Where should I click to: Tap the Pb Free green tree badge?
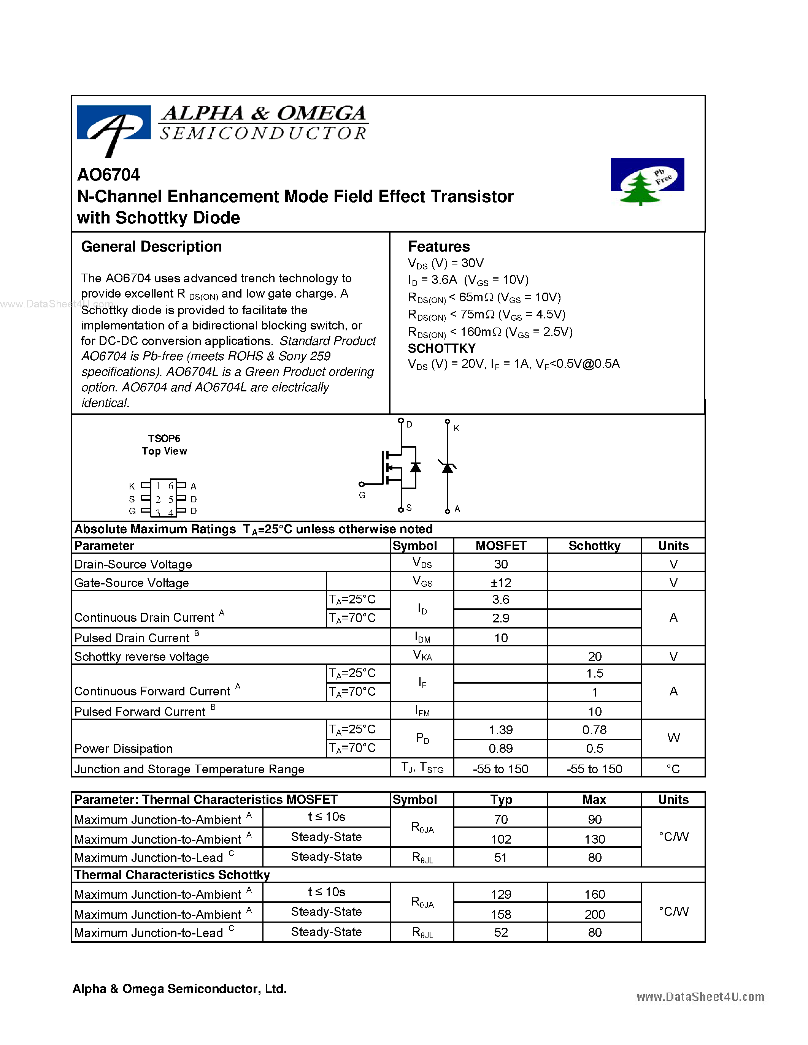tap(647, 181)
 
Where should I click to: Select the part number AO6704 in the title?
tap(109, 175)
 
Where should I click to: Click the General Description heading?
tap(151, 247)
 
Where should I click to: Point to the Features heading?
tap(438, 247)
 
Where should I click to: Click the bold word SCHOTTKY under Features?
tap(441, 348)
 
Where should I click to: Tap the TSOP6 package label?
tap(164, 438)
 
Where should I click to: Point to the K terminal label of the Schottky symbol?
tap(456, 428)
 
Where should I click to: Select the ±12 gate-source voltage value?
tap(501, 583)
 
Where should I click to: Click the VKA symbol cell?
tap(422, 655)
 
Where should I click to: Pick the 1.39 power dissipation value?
tap(501, 730)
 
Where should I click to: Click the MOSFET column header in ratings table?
tap(501, 546)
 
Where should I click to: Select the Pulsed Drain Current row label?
tap(132, 638)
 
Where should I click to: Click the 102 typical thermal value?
tap(501, 839)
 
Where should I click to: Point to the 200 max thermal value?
tap(595, 914)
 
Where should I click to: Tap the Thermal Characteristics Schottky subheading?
tap(172, 875)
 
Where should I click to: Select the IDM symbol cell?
tap(422, 638)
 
